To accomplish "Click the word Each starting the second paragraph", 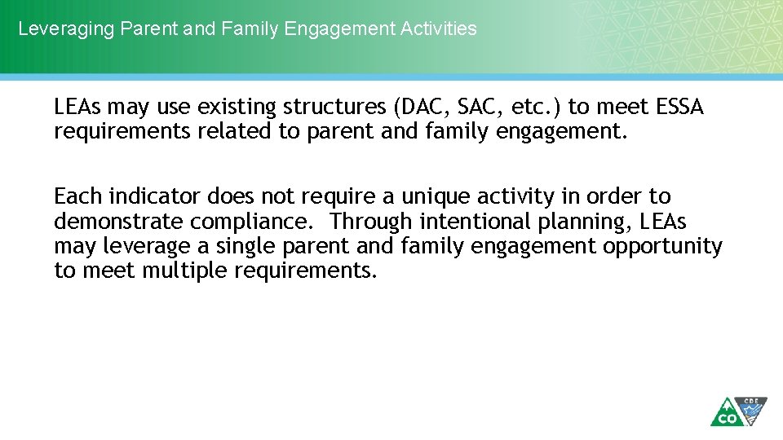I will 77,197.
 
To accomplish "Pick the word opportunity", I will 662,246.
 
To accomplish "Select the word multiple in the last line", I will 185,271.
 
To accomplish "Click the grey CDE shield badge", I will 751,411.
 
